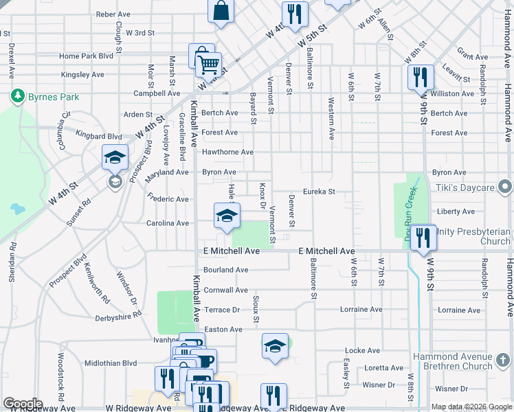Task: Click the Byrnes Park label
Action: [54, 97]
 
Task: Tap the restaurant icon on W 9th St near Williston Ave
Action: [420, 77]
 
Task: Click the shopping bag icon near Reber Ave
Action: [221, 10]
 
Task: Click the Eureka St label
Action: [320, 192]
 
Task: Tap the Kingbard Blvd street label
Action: [99, 137]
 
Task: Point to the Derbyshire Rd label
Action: [118, 314]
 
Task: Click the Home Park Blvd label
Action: [86, 56]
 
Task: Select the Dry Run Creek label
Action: [410, 211]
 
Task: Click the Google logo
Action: [23, 403]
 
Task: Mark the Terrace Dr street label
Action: [222, 310]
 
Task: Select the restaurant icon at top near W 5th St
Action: [294, 14]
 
